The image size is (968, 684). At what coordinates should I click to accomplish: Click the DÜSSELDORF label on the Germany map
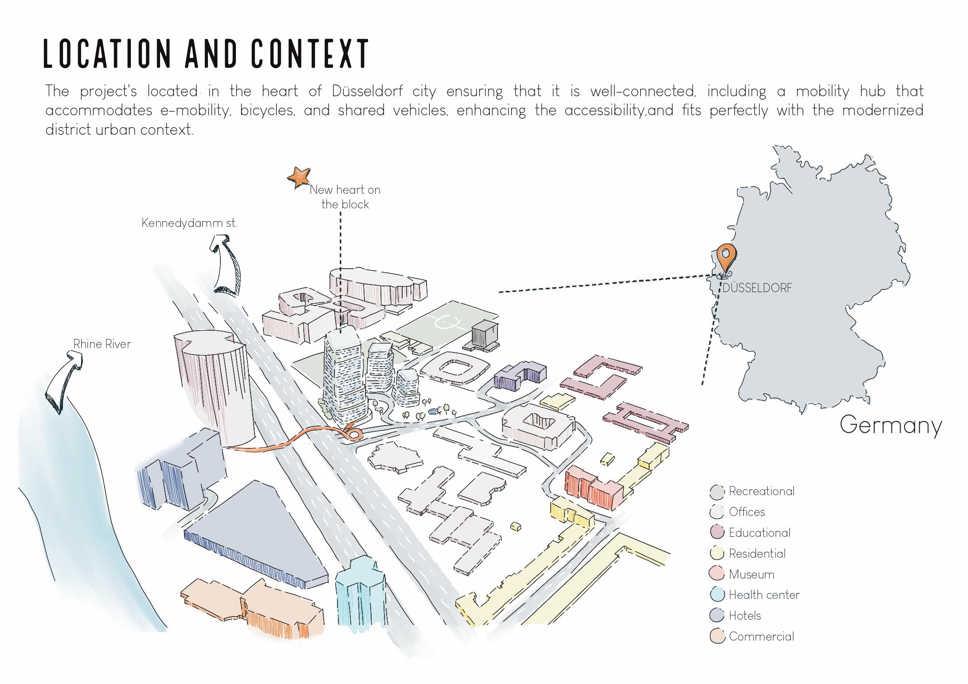point(757,288)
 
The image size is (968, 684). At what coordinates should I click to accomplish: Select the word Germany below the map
point(890,425)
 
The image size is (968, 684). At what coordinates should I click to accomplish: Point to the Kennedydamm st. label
point(189,223)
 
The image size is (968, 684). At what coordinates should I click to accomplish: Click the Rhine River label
point(102,344)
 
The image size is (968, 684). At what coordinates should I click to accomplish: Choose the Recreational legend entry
point(761,491)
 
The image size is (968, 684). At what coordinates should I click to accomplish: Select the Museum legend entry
point(751,575)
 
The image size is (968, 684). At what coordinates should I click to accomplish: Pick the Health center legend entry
point(764,595)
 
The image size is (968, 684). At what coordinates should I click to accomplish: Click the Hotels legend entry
point(745,616)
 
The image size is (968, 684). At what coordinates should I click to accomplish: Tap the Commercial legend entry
point(761,637)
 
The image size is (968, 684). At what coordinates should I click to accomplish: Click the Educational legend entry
point(759,533)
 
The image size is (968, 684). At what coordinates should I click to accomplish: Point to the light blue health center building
point(360,592)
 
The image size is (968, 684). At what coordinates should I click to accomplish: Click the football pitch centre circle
point(443,322)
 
